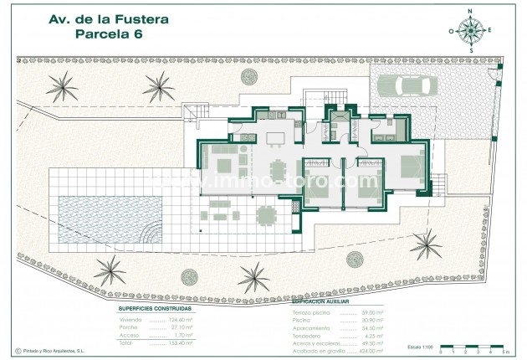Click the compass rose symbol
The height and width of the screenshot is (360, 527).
(471, 31)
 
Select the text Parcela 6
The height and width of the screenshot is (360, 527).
(110, 34)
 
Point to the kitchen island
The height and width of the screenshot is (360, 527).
(275, 136)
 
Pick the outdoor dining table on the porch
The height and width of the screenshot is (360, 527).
(265, 216)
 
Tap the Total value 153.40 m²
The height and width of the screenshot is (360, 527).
(181, 342)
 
